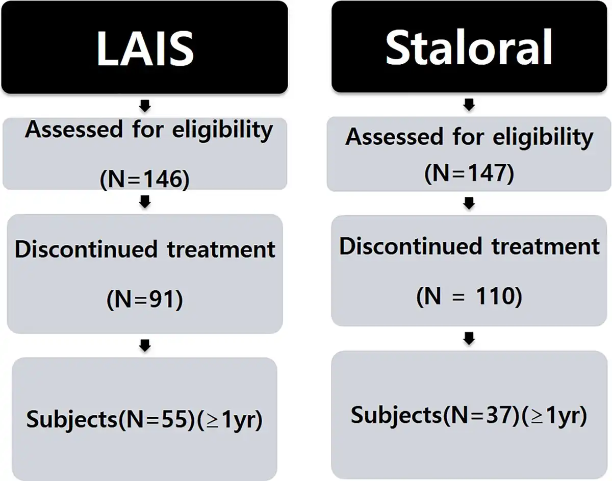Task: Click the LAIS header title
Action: tap(145, 48)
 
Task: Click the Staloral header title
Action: tap(469, 47)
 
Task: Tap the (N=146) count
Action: tap(145, 180)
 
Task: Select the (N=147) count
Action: tap(469, 173)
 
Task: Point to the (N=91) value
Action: tap(145, 299)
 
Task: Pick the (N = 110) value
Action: tap(469, 296)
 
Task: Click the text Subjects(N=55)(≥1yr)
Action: tap(144, 419)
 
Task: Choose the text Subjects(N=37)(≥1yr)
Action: tap(469, 416)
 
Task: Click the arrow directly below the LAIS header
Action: tap(145, 106)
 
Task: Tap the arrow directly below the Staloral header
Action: tap(469, 105)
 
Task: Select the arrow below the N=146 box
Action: tap(145, 202)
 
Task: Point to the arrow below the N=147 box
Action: tap(469, 204)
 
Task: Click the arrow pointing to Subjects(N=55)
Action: tap(145, 345)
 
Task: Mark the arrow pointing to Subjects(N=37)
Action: tap(469, 339)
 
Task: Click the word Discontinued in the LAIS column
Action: tap(86, 249)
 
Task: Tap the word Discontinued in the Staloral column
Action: tap(411, 246)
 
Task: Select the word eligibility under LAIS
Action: tap(222, 131)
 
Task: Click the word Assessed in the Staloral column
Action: tap(394, 137)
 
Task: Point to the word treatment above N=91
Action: tap(221, 249)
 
